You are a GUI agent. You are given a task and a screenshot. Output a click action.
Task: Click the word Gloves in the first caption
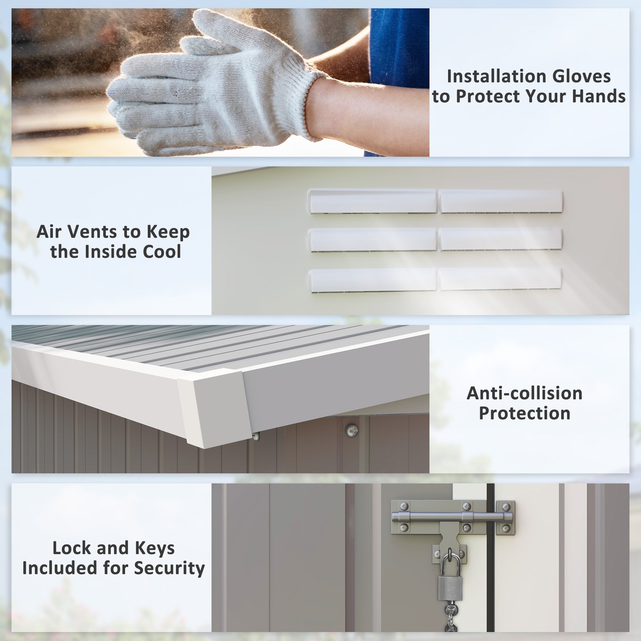click(581, 76)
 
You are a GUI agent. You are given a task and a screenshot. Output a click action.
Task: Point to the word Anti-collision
click(525, 393)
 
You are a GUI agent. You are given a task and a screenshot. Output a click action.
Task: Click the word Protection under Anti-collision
click(525, 413)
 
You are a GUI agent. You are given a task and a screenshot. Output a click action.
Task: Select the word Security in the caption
click(169, 568)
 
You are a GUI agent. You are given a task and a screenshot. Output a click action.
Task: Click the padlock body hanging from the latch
click(450, 588)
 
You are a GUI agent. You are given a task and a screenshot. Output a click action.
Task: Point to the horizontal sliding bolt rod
click(452, 517)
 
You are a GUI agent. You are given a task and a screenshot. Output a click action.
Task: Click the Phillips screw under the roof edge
click(352, 431)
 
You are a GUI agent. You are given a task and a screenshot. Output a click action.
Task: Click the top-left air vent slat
click(372, 201)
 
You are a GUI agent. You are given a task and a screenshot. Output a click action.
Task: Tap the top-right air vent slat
click(501, 202)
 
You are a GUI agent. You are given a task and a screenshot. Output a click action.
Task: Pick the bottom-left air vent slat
click(372, 280)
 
